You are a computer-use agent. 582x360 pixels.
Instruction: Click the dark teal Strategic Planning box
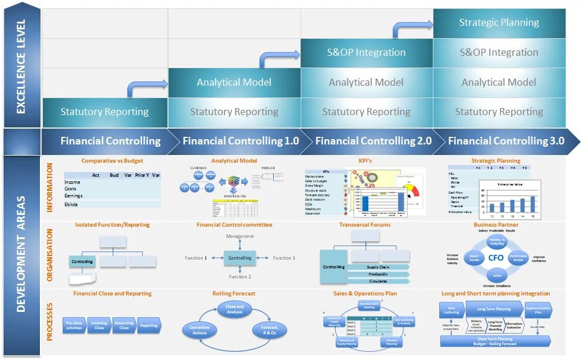click(x=499, y=23)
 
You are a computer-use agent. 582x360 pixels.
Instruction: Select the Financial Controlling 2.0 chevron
click(x=373, y=141)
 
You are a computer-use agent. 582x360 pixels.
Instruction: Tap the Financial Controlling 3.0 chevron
click(x=506, y=141)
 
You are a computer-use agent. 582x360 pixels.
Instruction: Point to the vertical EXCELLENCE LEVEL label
click(x=21, y=66)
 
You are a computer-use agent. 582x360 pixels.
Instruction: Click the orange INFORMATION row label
click(x=50, y=187)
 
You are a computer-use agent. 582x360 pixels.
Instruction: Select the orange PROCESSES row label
click(x=50, y=322)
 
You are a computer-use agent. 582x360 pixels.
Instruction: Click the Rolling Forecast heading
click(x=234, y=294)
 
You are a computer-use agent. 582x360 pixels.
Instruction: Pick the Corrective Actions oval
click(x=200, y=330)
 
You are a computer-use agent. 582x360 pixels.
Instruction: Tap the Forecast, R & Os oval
click(x=270, y=329)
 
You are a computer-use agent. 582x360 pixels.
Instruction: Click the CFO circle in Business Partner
click(x=496, y=257)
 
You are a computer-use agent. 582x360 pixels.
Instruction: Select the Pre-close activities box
click(x=74, y=325)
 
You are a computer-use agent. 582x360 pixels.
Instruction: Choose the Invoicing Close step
click(x=99, y=325)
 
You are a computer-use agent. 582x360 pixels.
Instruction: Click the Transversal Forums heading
click(x=365, y=225)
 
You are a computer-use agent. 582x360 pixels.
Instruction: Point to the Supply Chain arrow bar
click(x=378, y=267)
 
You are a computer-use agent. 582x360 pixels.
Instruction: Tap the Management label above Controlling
click(x=240, y=236)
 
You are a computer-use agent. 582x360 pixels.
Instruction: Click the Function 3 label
click(x=284, y=258)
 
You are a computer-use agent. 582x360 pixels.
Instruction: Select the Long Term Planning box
click(x=494, y=309)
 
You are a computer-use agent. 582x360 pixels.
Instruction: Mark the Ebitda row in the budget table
click(x=112, y=204)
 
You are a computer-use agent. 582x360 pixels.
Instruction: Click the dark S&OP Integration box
click(x=366, y=53)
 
